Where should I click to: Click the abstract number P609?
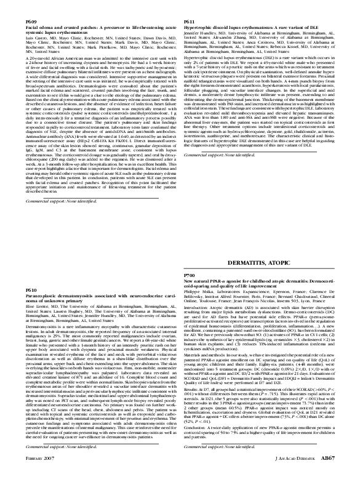(31, 22)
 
